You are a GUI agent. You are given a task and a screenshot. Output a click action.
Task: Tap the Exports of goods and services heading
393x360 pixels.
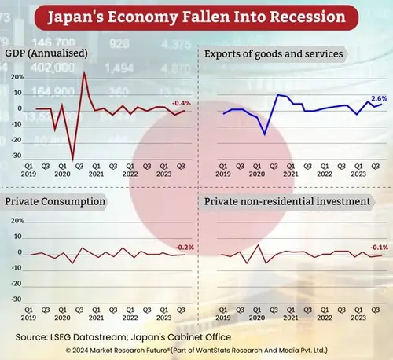click(273, 54)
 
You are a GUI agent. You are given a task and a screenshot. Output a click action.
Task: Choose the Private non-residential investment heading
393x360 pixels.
click(287, 202)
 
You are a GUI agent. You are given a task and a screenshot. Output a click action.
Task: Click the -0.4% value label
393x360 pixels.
click(182, 103)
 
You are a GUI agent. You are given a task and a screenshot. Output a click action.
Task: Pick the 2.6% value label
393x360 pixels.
click(379, 98)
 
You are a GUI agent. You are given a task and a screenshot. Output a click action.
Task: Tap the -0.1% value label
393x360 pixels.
click(379, 247)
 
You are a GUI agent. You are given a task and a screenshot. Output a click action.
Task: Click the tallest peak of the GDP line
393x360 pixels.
click(84, 72)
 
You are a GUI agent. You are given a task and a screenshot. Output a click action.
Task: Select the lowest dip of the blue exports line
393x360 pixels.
click(265, 134)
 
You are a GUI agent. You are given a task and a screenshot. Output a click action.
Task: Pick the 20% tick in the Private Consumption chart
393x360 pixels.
click(17, 222)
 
